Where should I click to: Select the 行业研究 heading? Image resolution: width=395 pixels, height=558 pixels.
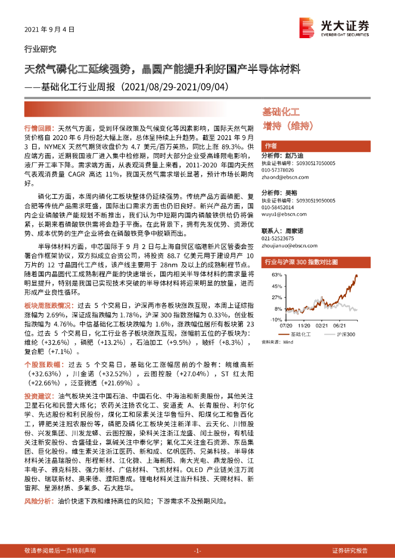click(x=40, y=49)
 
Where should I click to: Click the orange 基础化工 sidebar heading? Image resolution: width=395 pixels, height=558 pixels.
click(x=281, y=112)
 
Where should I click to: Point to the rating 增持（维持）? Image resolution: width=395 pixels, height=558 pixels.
click(x=287, y=126)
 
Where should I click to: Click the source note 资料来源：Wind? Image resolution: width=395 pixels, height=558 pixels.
click(x=278, y=342)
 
